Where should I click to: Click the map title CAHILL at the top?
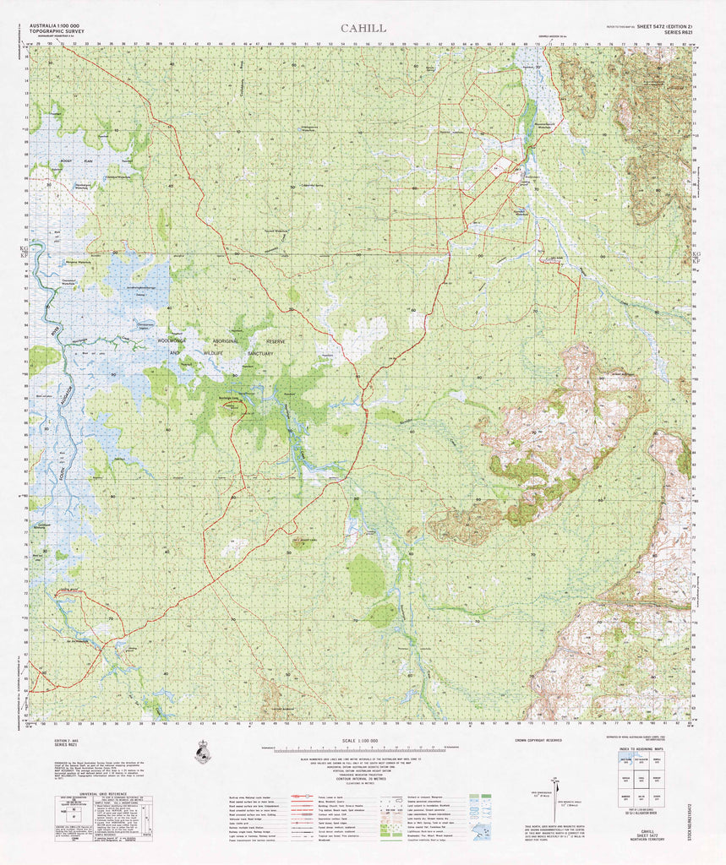(363, 28)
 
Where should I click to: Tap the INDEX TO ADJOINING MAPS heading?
(660, 748)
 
